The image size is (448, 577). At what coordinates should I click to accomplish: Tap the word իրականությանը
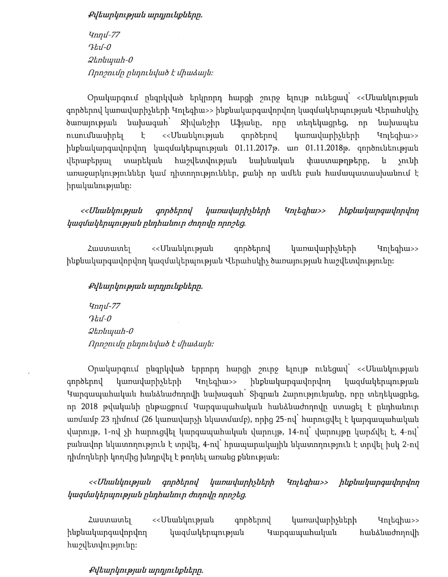[96, 187]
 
